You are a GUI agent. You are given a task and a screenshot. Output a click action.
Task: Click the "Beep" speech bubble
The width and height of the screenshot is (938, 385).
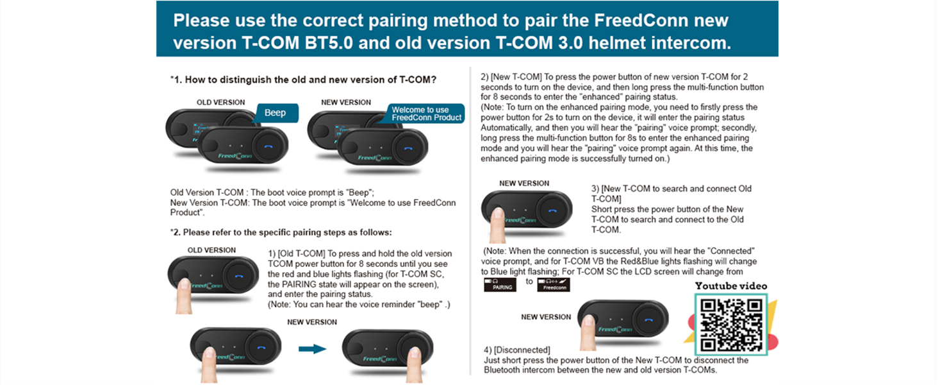[x=275, y=113]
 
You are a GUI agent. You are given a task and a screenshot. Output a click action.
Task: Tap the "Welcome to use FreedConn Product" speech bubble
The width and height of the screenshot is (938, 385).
[x=426, y=114]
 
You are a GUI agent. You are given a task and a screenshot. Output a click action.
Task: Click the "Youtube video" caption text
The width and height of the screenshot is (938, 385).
[x=731, y=286]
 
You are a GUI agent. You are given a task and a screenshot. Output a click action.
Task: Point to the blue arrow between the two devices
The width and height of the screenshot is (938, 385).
[x=313, y=349]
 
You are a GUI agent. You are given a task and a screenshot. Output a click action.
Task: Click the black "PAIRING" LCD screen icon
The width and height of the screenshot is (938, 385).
[x=500, y=284]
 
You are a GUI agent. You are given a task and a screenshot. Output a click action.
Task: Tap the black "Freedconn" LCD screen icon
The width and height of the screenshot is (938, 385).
[x=554, y=284]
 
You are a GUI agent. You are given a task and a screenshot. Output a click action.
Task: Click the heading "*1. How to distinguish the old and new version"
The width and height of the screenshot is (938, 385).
[x=303, y=80]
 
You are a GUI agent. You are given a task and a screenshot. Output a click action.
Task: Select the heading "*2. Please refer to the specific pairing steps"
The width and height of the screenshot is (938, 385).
[x=281, y=232]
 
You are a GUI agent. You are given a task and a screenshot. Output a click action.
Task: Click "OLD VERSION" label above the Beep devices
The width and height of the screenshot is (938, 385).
[x=220, y=102]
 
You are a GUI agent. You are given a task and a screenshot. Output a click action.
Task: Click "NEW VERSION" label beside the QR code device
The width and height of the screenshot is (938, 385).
[x=545, y=317]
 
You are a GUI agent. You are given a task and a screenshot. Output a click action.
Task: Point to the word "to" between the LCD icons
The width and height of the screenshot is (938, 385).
[x=529, y=281]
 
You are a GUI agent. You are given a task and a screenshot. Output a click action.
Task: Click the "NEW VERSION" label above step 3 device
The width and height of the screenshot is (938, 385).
[x=524, y=184]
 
